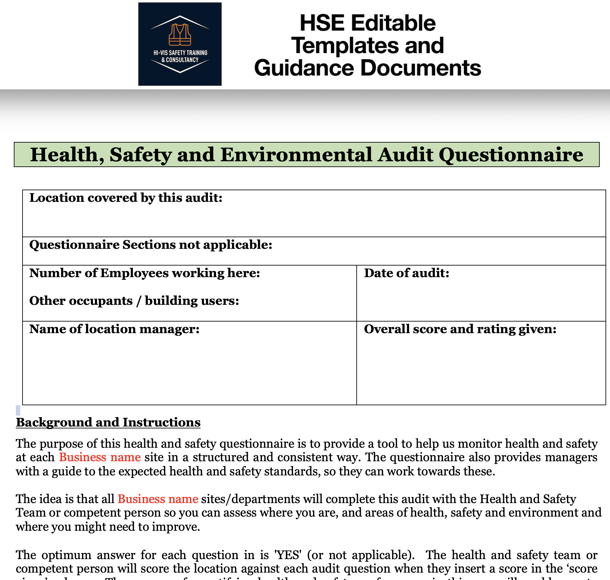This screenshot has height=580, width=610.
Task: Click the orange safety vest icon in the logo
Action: [180, 35]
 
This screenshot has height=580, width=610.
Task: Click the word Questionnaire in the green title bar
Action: [511, 155]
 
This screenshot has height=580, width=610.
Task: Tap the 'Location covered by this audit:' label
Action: [126, 198]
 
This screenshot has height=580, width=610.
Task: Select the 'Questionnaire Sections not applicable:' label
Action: [151, 245]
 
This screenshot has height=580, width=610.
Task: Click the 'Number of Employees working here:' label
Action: [145, 273]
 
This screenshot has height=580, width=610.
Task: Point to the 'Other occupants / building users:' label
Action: [134, 301]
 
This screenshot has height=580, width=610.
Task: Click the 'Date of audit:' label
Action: [407, 273]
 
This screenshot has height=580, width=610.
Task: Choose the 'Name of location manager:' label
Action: [114, 329]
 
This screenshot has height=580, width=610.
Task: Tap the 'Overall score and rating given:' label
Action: [460, 329]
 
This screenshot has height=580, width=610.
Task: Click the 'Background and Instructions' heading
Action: [108, 422]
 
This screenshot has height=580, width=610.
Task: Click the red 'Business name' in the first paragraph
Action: [100, 457]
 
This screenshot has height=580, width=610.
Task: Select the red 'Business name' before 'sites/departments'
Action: [158, 499]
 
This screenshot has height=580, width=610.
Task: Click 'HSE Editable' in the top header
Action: [368, 23]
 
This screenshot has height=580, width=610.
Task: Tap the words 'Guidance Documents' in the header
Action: [368, 68]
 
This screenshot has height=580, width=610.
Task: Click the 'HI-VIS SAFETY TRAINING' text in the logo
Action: [180, 53]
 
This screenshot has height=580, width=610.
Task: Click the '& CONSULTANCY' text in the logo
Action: [180, 60]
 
